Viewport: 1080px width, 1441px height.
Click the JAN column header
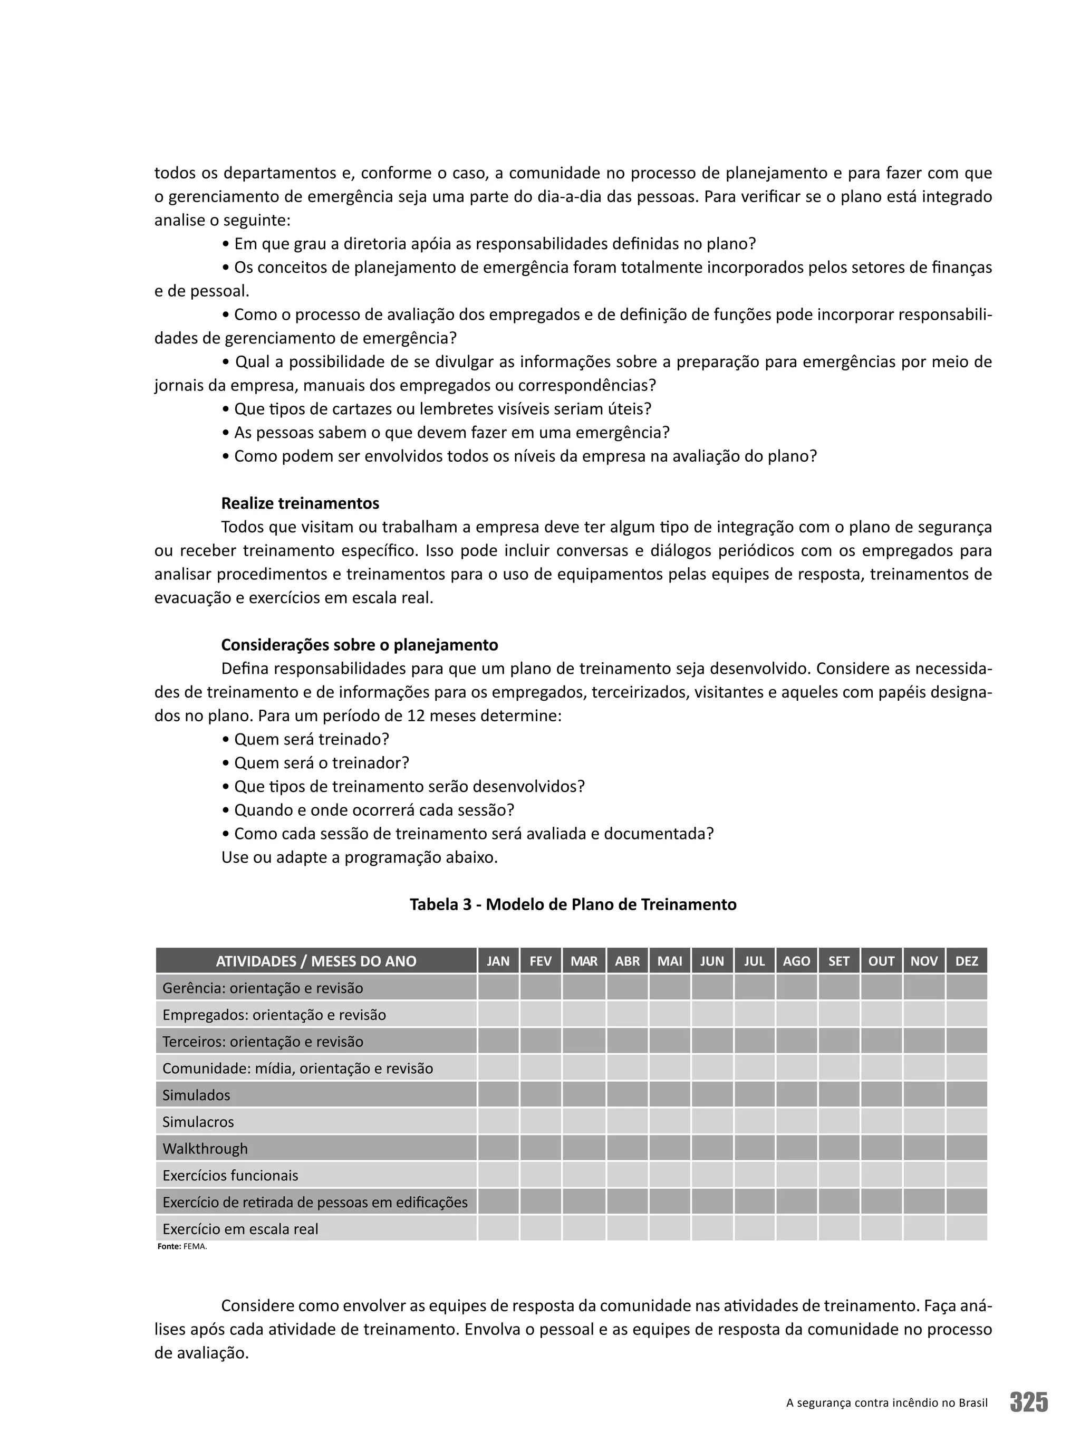point(498,961)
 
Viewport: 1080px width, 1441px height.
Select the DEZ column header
point(966,961)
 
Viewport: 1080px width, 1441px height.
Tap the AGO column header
point(796,961)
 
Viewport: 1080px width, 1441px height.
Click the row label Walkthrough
point(205,1149)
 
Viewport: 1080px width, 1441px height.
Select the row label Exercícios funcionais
point(230,1175)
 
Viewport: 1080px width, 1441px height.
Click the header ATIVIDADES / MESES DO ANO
point(316,961)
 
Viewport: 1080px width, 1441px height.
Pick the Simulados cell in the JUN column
point(712,1094)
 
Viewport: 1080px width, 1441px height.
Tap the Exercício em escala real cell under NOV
point(924,1229)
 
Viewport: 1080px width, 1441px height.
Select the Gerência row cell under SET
point(838,988)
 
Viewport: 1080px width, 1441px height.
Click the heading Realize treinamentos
point(300,503)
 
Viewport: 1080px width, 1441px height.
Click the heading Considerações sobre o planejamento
point(359,644)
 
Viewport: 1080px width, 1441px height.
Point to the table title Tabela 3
point(572,904)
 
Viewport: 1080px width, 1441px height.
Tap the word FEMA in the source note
point(195,1247)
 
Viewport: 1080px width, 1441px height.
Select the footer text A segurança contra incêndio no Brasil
point(886,1402)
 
